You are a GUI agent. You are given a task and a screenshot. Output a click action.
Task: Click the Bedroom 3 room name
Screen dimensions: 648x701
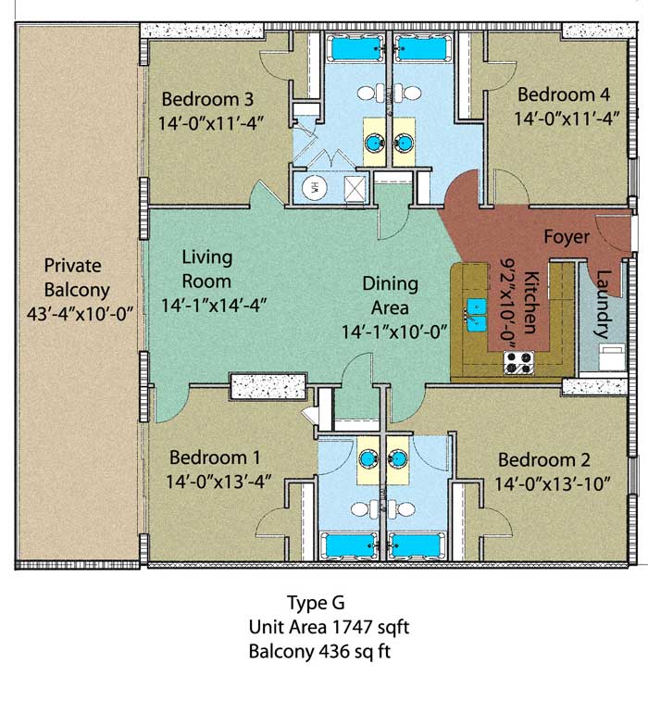tap(207, 99)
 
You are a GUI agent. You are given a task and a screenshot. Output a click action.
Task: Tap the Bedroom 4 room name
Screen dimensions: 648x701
tap(564, 94)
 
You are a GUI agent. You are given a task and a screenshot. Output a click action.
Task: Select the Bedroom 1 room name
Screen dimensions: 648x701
tap(215, 457)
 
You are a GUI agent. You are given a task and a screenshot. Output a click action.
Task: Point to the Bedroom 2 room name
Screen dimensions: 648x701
tap(544, 459)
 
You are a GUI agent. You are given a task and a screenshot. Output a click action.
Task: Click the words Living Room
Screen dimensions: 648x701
tap(207, 269)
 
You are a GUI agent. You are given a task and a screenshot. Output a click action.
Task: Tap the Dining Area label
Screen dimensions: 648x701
tap(390, 295)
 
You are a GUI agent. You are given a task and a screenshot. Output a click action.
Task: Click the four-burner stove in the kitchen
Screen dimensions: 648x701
tap(518, 363)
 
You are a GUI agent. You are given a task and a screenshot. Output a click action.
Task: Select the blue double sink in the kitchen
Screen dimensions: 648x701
tap(477, 315)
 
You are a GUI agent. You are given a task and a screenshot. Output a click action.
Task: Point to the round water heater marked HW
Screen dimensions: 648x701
tap(314, 187)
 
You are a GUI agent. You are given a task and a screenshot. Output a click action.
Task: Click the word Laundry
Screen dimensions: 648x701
tap(603, 304)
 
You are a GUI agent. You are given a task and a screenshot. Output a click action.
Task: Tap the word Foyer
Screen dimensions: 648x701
tap(567, 237)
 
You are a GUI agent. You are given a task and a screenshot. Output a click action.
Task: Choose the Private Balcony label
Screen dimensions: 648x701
tap(77, 278)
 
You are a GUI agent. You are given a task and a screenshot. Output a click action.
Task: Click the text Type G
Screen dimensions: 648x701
tap(316, 603)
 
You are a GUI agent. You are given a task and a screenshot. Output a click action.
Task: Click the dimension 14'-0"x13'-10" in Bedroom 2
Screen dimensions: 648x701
tap(553, 483)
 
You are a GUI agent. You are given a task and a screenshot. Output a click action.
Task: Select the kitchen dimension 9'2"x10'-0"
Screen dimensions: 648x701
tap(507, 304)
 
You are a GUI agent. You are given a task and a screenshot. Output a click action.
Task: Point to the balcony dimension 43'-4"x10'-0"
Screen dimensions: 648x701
tap(81, 313)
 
